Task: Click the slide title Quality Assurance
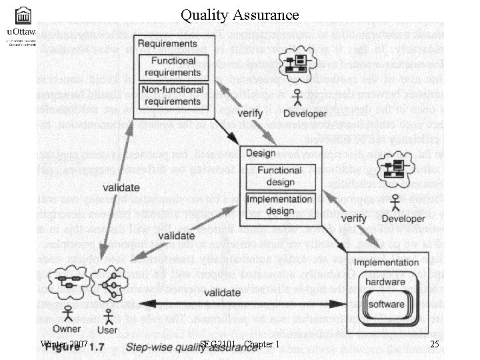[239, 13]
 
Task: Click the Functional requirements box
[169, 67]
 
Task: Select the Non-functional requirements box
[169, 96]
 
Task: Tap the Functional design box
[280, 175]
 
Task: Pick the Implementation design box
[280, 204]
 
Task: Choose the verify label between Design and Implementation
[354, 218]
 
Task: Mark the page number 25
[434, 344]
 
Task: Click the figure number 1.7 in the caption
[97, 346]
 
